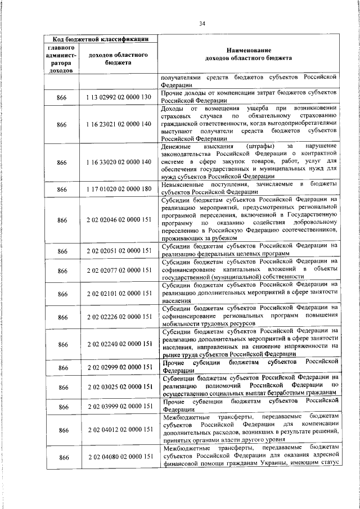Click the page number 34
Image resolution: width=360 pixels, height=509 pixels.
[202, 23]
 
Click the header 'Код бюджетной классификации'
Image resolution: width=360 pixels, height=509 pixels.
[101, 39]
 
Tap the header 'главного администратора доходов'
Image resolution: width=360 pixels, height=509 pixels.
[61, 59]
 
